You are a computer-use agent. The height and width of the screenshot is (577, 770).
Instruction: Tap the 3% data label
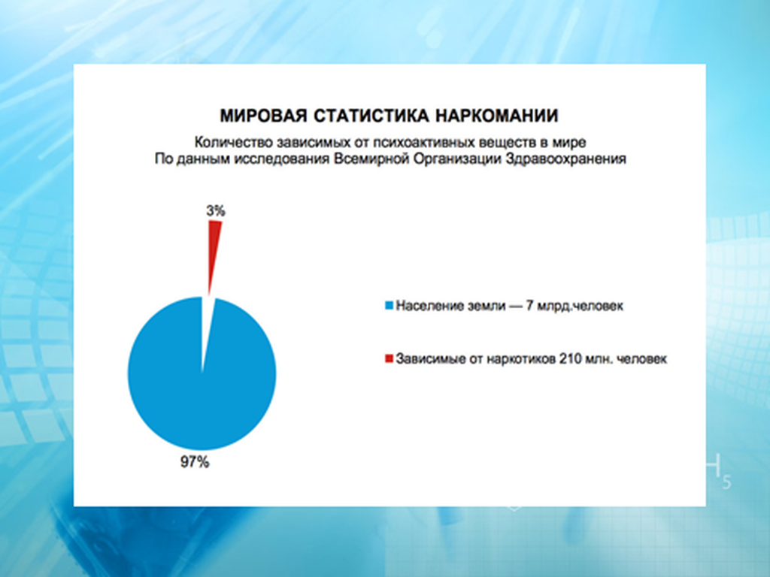click(216, 210)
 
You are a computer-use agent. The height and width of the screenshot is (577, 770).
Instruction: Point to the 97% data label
click(195, 462)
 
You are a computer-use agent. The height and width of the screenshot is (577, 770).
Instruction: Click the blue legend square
click(389, 306)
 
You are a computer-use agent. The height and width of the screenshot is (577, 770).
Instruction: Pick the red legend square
click(389, 358)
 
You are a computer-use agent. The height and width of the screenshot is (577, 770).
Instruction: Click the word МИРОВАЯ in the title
click(263, 116)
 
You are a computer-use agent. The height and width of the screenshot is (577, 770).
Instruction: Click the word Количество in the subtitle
click(233, 142)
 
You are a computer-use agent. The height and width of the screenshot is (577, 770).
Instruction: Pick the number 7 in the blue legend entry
click(529, 306)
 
